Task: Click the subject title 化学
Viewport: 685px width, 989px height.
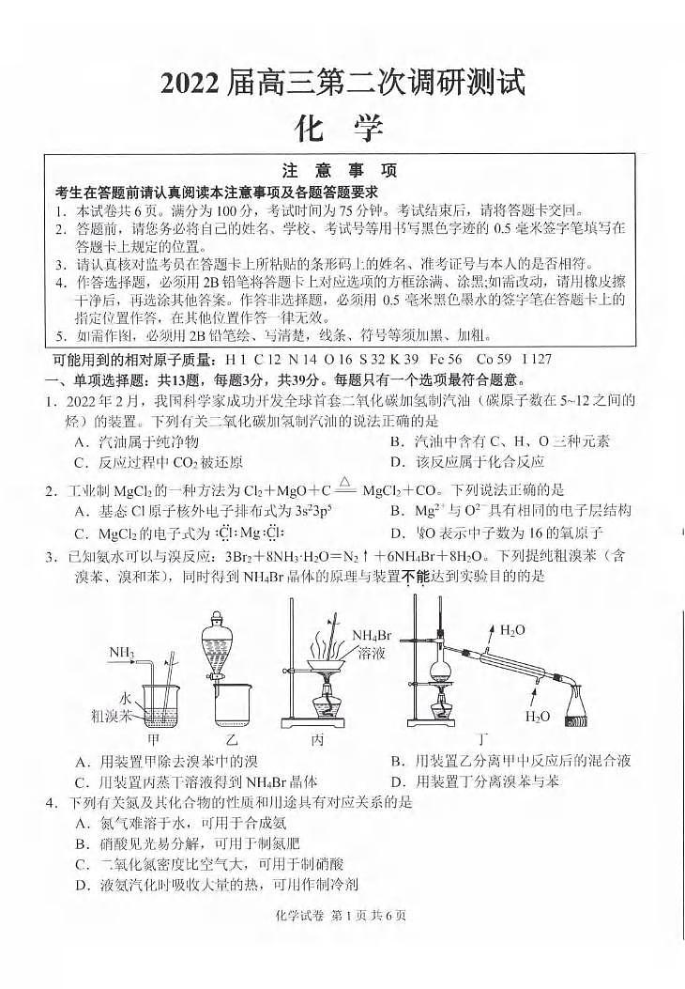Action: (342, 127)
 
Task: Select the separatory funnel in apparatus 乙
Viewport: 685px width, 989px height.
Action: (216, 648)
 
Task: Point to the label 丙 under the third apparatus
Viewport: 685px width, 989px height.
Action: (317, 739)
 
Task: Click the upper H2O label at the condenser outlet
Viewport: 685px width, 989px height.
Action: (512, 629)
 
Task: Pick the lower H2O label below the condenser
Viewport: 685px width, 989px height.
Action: (537, 717)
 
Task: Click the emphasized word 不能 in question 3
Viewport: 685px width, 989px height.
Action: (415, 576)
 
